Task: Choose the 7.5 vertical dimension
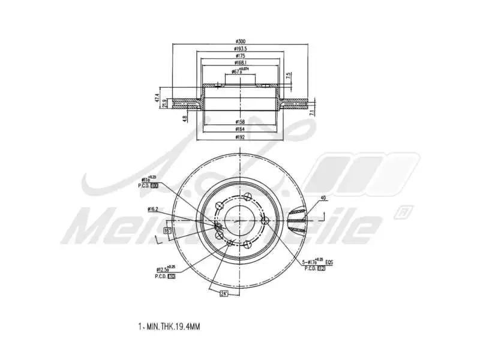click(x=289, y=76)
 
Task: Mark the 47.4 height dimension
click(x=158, y=98)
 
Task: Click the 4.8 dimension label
click(x=185, y=118)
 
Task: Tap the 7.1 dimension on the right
click(x=312, y=112)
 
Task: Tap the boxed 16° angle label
click(x=167, y=230)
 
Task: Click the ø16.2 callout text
click(x=152, y=209)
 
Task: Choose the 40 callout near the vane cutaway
click(x=323, y=198)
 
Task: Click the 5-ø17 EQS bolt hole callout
click(x=316, y=261)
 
